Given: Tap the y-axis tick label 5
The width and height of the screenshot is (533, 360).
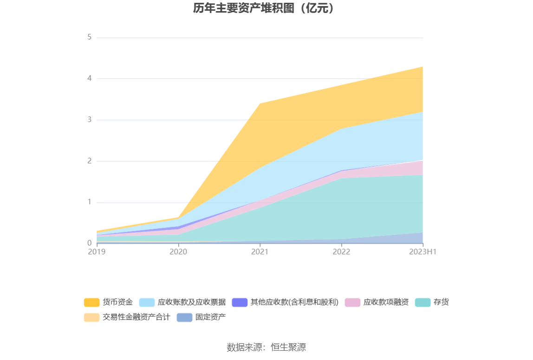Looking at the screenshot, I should coord(90,37).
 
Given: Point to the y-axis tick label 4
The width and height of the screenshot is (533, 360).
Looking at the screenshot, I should coord(90,78).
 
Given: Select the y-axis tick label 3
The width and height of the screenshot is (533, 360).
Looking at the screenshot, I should coord(90,120).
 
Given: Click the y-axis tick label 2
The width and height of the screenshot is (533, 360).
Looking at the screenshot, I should coord(90,161).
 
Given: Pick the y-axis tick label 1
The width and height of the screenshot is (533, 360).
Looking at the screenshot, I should coord(90,202).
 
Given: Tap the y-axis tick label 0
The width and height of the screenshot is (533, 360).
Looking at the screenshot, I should coord(90,243).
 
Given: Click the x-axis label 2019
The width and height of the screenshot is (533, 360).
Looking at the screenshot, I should coord(97,251).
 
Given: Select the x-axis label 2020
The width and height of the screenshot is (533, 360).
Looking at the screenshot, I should coord(178,251).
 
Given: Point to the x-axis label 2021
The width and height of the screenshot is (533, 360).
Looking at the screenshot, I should coord(260,251).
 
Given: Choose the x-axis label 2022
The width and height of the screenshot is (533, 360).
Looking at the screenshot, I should coord(342,251).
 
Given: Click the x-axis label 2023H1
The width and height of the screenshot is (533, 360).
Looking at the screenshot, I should coord(422,251).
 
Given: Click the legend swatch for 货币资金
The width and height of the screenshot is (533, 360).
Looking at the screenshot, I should coord(91,302).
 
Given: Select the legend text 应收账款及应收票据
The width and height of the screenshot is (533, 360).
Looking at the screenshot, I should coord(191,302).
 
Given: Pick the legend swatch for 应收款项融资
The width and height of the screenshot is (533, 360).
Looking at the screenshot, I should coord(352,302).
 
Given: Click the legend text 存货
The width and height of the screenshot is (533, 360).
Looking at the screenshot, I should coord(441,302).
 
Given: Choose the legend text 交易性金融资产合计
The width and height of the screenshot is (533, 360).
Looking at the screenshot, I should coord(136,317).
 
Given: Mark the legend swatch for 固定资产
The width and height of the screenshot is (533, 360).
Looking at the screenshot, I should coord(184,317).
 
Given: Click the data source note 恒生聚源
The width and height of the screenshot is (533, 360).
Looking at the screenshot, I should coord(266,347).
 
